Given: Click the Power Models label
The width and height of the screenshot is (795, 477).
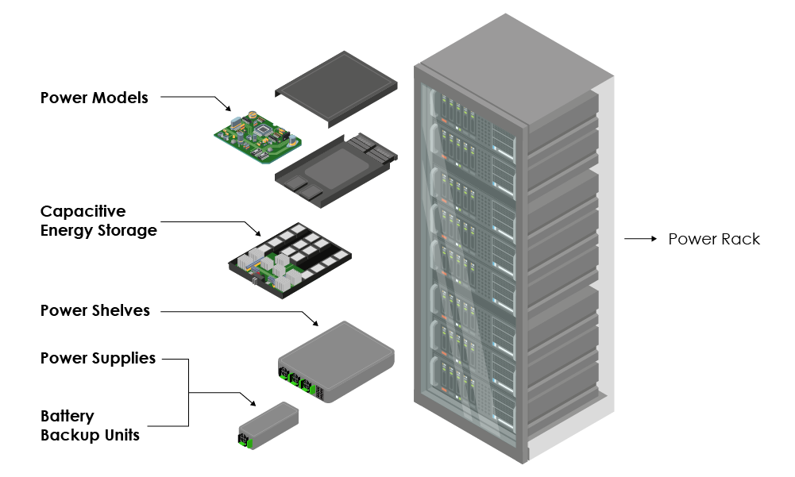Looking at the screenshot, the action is (95, 98).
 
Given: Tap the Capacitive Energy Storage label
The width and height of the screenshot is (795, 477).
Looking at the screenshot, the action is (98, 221).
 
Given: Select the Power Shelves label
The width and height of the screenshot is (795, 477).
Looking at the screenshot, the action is (95, 310).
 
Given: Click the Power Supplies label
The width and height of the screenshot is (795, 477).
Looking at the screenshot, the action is (98, 359).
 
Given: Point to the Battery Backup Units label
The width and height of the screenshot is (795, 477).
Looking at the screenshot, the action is (90, 425).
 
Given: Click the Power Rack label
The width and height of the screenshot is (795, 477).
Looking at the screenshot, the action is (714, 239).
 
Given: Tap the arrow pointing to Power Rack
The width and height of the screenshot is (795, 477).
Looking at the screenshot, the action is (640, 239).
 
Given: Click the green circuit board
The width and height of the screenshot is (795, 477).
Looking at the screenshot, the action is (257, 137).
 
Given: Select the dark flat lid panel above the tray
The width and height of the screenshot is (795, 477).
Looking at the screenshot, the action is (336, 89).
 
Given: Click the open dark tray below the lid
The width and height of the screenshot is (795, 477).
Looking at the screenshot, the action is (336, 171).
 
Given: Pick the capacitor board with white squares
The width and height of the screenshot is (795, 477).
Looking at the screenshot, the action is (290, 260).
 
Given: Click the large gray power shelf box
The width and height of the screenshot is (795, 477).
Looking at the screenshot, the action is (336, 361).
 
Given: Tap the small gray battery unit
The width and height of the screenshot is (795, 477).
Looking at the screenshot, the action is (268, 425).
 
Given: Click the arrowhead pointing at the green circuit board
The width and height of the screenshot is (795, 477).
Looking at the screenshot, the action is (228, 108).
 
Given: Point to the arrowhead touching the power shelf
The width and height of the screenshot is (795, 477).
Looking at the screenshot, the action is (315, 322).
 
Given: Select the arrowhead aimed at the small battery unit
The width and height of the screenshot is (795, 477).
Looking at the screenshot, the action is (253, 402).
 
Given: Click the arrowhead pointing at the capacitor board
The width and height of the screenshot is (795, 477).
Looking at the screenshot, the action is (257, 233).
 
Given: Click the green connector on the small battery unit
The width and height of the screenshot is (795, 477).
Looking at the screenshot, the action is (245, 440).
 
